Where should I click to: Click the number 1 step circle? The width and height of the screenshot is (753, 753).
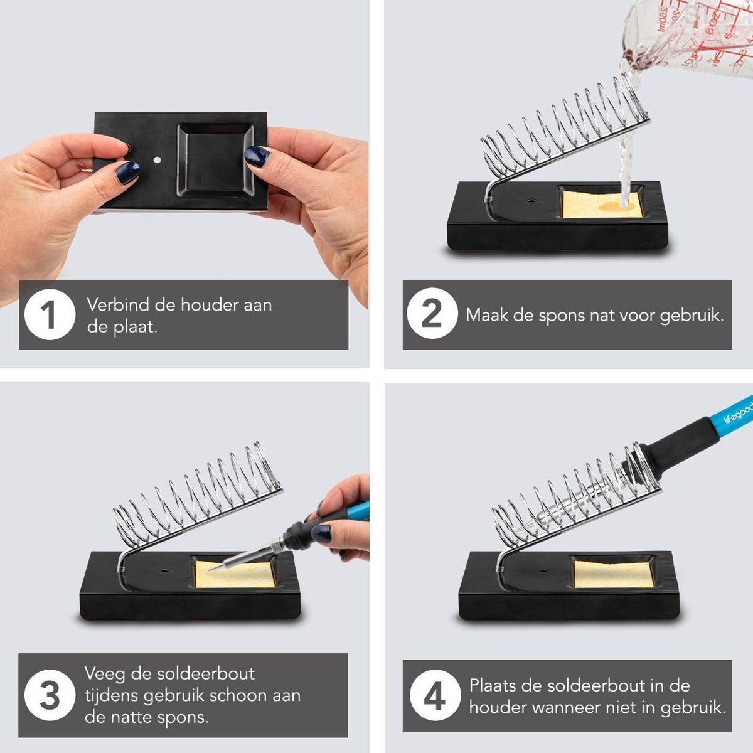point(50,314)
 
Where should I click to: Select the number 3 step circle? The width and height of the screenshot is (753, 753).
point(50,695)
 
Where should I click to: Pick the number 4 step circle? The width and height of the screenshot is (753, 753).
point(434,696)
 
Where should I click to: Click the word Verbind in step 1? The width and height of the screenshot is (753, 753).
point(117,305)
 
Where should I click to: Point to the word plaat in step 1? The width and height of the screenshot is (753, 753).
point(135,328)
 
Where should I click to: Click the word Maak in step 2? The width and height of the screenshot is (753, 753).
point(487,315)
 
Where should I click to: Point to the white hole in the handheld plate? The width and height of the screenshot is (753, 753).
point(157,160)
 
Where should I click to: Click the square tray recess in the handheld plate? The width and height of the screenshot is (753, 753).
point(215,160)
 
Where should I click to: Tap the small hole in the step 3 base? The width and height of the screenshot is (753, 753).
point(164,571)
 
